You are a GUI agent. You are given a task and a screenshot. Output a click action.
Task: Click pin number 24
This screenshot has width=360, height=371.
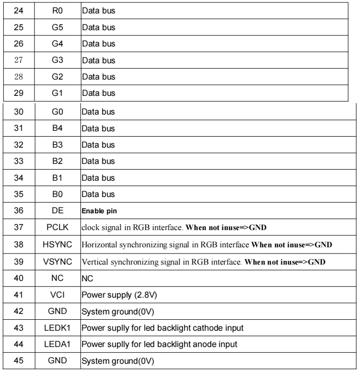pos(19,11)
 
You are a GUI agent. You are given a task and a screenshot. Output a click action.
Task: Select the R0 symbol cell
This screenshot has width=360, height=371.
pos(58,11)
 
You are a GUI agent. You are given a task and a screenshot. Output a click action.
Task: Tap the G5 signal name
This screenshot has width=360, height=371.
pos(58,27)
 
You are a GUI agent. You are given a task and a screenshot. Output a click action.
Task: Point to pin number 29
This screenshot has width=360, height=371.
pos(19,93)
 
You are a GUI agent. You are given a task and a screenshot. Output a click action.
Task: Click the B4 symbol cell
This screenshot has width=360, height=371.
pos(58,128)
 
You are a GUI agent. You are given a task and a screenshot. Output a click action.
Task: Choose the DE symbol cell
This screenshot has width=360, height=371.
pos(58,210)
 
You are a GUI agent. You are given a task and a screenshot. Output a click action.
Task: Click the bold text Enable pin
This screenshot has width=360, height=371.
pos(99,211)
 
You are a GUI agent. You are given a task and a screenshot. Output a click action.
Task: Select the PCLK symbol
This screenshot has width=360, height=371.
pos(58,227)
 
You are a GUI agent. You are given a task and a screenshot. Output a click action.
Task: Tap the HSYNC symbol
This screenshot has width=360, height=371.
pos(58,244)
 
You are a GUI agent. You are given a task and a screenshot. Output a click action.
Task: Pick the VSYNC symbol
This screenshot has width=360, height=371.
pos(58,262)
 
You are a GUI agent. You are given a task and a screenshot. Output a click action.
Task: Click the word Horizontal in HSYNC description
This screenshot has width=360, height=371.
pos(99,245)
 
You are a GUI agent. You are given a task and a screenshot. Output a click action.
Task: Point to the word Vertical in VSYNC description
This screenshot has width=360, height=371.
pos(95,262)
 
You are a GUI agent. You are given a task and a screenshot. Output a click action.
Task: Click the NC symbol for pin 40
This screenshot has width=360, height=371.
pos(58,278)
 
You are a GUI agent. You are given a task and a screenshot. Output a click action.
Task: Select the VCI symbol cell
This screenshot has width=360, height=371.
pos(58,295)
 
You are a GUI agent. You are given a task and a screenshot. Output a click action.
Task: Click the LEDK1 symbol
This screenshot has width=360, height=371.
pos(58,328)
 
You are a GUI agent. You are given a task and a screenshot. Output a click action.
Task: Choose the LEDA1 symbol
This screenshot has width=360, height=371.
pos(58,344)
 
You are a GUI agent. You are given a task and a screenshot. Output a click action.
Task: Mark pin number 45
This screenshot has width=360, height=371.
pos(19,360)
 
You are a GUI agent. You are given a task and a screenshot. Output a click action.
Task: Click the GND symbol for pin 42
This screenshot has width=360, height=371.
pos(58,312)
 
